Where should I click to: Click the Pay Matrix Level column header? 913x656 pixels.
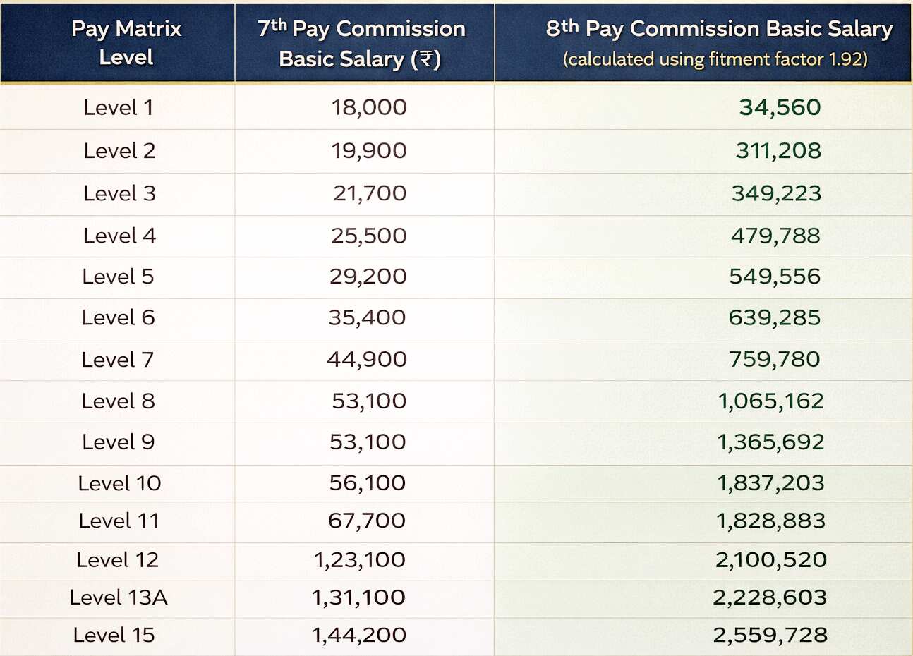click(126, 42)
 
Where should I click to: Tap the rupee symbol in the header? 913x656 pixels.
click(426, 59)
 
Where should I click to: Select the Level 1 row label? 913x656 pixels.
click(118, 107)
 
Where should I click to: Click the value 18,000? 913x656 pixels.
click(369, 107)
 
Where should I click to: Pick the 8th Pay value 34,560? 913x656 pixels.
click(780, 107)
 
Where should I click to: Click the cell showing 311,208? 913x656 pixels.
click(778, 150)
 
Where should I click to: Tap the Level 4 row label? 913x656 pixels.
click(119, 236)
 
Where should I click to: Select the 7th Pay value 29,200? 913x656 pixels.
click(368, 277)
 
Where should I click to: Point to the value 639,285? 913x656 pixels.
click(775, 317)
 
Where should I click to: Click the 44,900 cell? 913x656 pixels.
click(367, 359)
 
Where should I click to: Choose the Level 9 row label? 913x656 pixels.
click(118, 442)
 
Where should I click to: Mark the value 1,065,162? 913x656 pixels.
click(770, 401)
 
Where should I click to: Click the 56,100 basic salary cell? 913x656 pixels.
click(367, 483)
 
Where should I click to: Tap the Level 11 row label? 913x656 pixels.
click(119, 521)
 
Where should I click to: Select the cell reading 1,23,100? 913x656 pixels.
click(359, 560)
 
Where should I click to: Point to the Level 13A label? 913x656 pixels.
click(118, 597)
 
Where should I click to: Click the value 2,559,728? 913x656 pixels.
click(770, 635)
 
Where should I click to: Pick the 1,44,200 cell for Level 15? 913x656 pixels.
click(358, 635)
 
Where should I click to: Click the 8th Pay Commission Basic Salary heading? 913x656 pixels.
click(718, 29)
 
